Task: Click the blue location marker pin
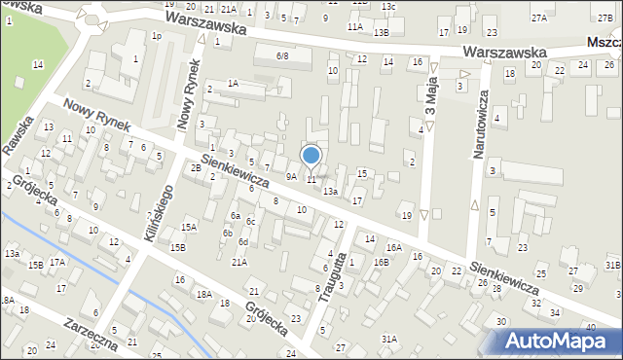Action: tap(311, 155)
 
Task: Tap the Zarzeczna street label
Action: tap(90, 332)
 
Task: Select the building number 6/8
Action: tap(282, 56)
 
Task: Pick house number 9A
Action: tap(291, 176)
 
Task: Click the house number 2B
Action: tap(196, 168)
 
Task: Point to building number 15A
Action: tap(189, 227)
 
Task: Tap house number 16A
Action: tap(393, 248)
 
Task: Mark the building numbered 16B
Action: tap(381, 263)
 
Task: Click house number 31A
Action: tap(388, 339)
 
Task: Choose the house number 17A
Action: tap(57, 263)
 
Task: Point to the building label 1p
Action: tap(156, 36)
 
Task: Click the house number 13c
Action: tap(388, 7)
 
